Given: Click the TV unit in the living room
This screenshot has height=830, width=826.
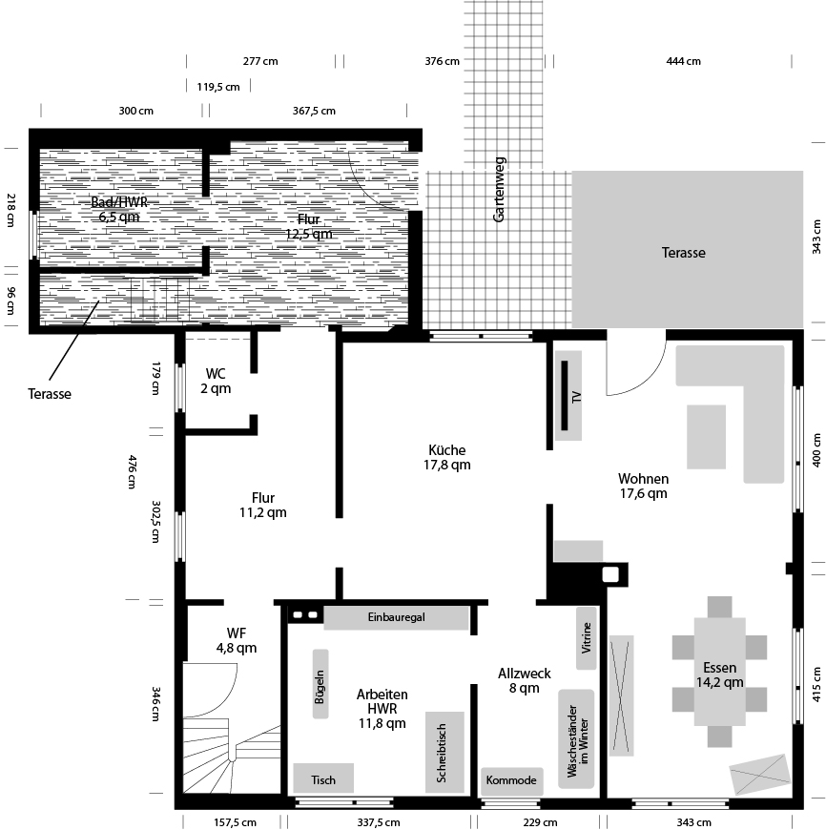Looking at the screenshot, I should click(x=568, y=396).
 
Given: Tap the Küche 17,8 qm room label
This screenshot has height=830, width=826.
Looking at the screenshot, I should click(x=447, y=457).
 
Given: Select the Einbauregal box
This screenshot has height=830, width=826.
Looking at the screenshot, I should click(x=396, y=618).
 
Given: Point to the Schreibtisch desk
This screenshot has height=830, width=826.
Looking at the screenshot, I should click(x=444, y=752).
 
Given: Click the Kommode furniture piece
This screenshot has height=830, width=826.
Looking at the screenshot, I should click(x=511, y=780).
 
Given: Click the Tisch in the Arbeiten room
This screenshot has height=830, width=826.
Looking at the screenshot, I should click(x=323, y=779).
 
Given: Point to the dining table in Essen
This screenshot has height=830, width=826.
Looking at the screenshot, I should click(x=720, y=673).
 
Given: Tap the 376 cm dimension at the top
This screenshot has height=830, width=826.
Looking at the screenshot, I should click(x=442, y=61).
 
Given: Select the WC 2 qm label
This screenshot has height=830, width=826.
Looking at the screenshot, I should click(x=216, y=381).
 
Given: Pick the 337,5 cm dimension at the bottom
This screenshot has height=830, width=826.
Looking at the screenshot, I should click(x=379, y=821).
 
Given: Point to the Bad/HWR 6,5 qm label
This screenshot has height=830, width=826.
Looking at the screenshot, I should click(x=119, y=209).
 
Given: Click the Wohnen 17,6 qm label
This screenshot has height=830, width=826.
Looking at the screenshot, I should click(x=643, y=486).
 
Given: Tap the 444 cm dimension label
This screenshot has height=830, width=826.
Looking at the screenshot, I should click(x=683, y=61).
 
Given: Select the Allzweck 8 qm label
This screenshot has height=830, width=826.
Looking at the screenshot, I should click(x=524, y=680).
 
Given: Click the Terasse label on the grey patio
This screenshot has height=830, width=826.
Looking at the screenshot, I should click(x=684, y=253).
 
